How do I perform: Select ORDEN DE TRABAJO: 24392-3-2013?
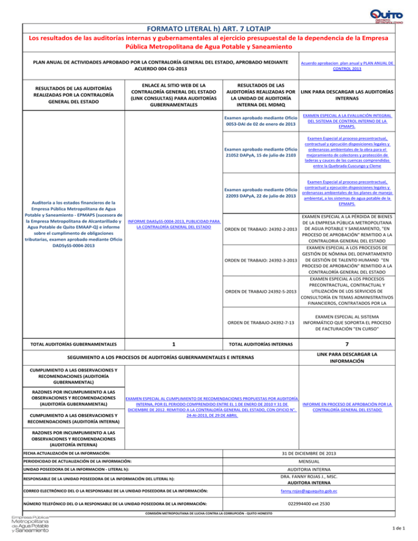tap(260, 262)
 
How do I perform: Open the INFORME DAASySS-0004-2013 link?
tap(173, 224)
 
